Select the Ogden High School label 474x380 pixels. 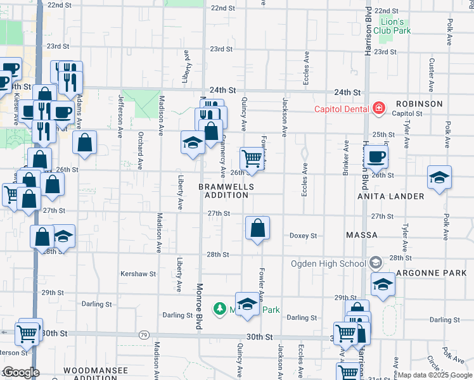coord(328,263)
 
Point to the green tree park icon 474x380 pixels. coord(220,309)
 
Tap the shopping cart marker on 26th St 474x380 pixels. coord(252,158)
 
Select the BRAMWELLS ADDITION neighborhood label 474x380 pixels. coord(226,191)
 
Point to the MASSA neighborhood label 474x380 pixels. coord(362,235)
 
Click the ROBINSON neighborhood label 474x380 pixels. coord(419,103)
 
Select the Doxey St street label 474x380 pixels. coord(303,236)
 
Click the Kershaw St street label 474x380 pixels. coord(138,274)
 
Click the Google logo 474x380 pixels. coord(21,372)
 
